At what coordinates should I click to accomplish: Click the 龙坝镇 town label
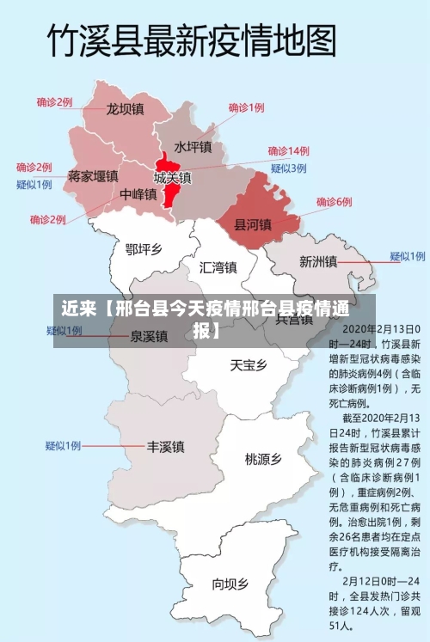tap(125, 110)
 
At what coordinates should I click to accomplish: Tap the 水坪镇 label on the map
tap(193, 147)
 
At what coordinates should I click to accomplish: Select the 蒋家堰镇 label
tap(92, 176)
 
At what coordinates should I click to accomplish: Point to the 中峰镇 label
tap(138, 195)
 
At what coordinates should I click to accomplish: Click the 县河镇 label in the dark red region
tap(253, 224)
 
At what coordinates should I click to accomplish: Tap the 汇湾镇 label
tap(218, 267)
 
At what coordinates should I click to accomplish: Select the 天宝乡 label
tap(248, 365)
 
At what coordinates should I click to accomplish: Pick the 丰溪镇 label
tap(165, 447)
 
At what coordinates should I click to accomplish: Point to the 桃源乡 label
tap(263, 459)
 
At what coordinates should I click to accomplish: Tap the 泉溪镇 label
tap(148, 336)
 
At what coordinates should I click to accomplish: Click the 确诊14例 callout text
tap(288, 150)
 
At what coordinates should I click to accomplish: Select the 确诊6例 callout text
tap(334, 202)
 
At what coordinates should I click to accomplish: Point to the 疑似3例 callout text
tap(288, 168)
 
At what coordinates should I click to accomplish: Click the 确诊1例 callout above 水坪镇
tap(246, 108)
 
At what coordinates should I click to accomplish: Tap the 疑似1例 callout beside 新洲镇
tap(407, 256)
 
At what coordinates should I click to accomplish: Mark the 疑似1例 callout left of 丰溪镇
tap(63, 446)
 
